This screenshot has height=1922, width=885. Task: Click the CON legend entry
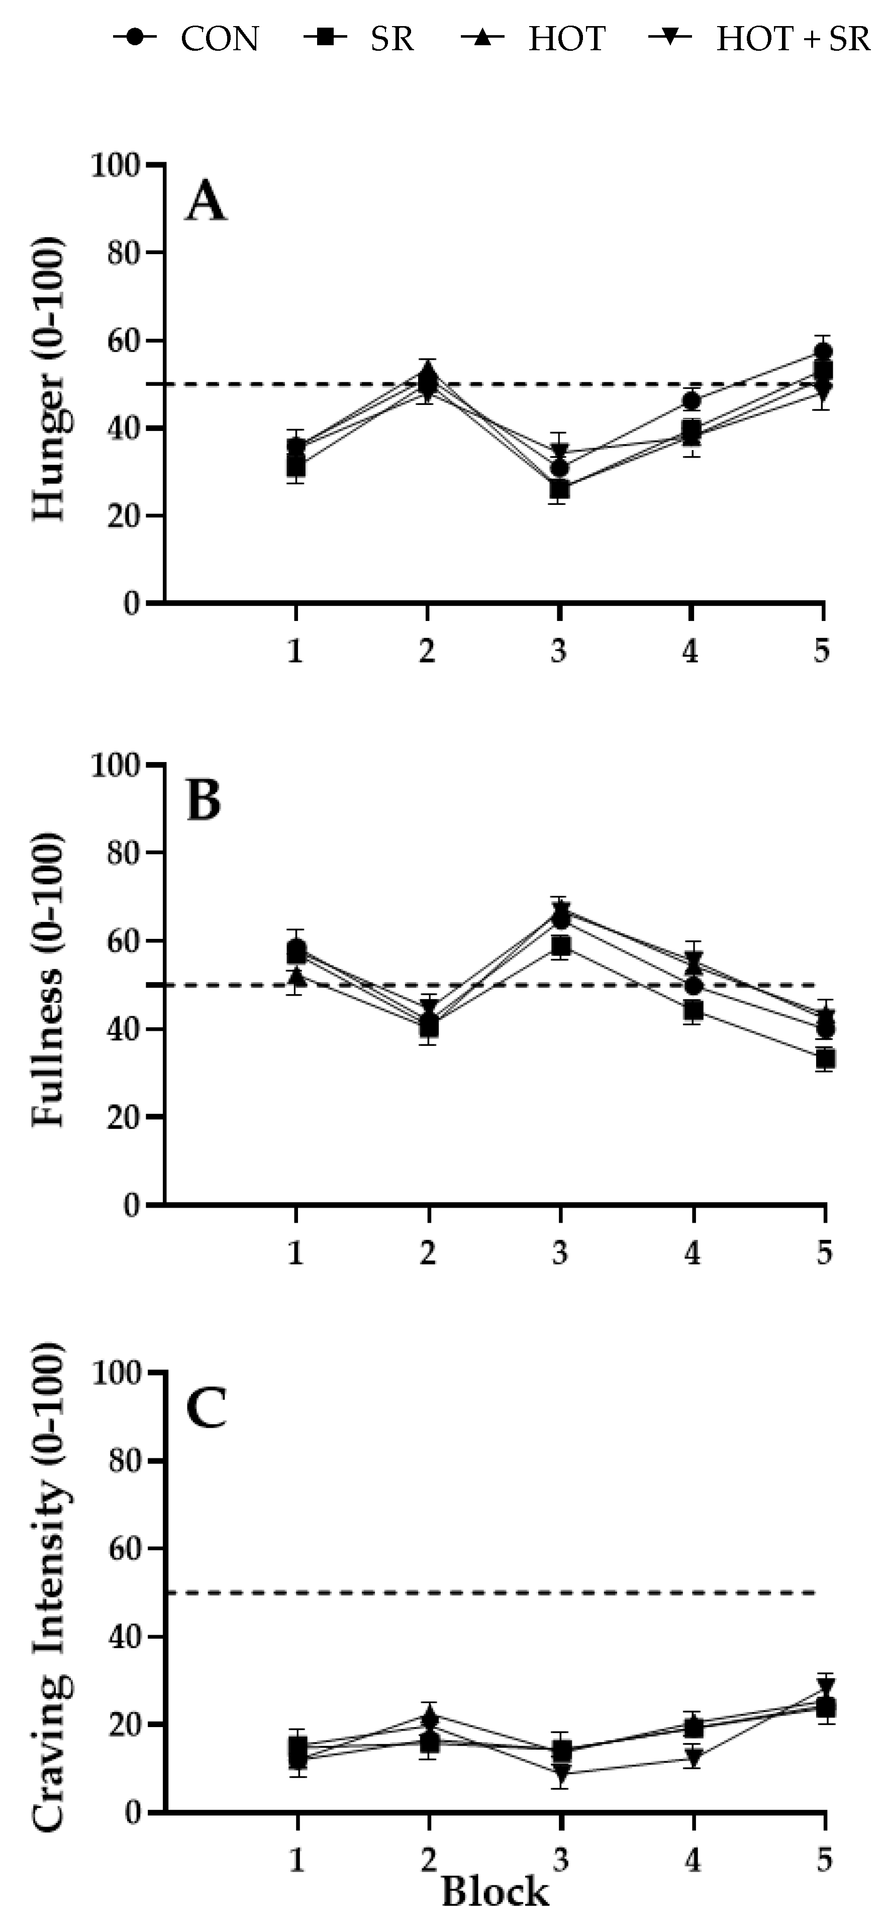186,38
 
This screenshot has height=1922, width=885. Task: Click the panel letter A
205,203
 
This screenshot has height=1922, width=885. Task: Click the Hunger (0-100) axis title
49,380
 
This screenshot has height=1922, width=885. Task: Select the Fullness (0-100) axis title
49,981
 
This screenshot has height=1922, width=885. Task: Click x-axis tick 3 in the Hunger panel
559,652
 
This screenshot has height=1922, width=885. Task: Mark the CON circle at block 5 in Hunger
824,352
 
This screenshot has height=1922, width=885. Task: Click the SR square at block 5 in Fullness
825,1059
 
